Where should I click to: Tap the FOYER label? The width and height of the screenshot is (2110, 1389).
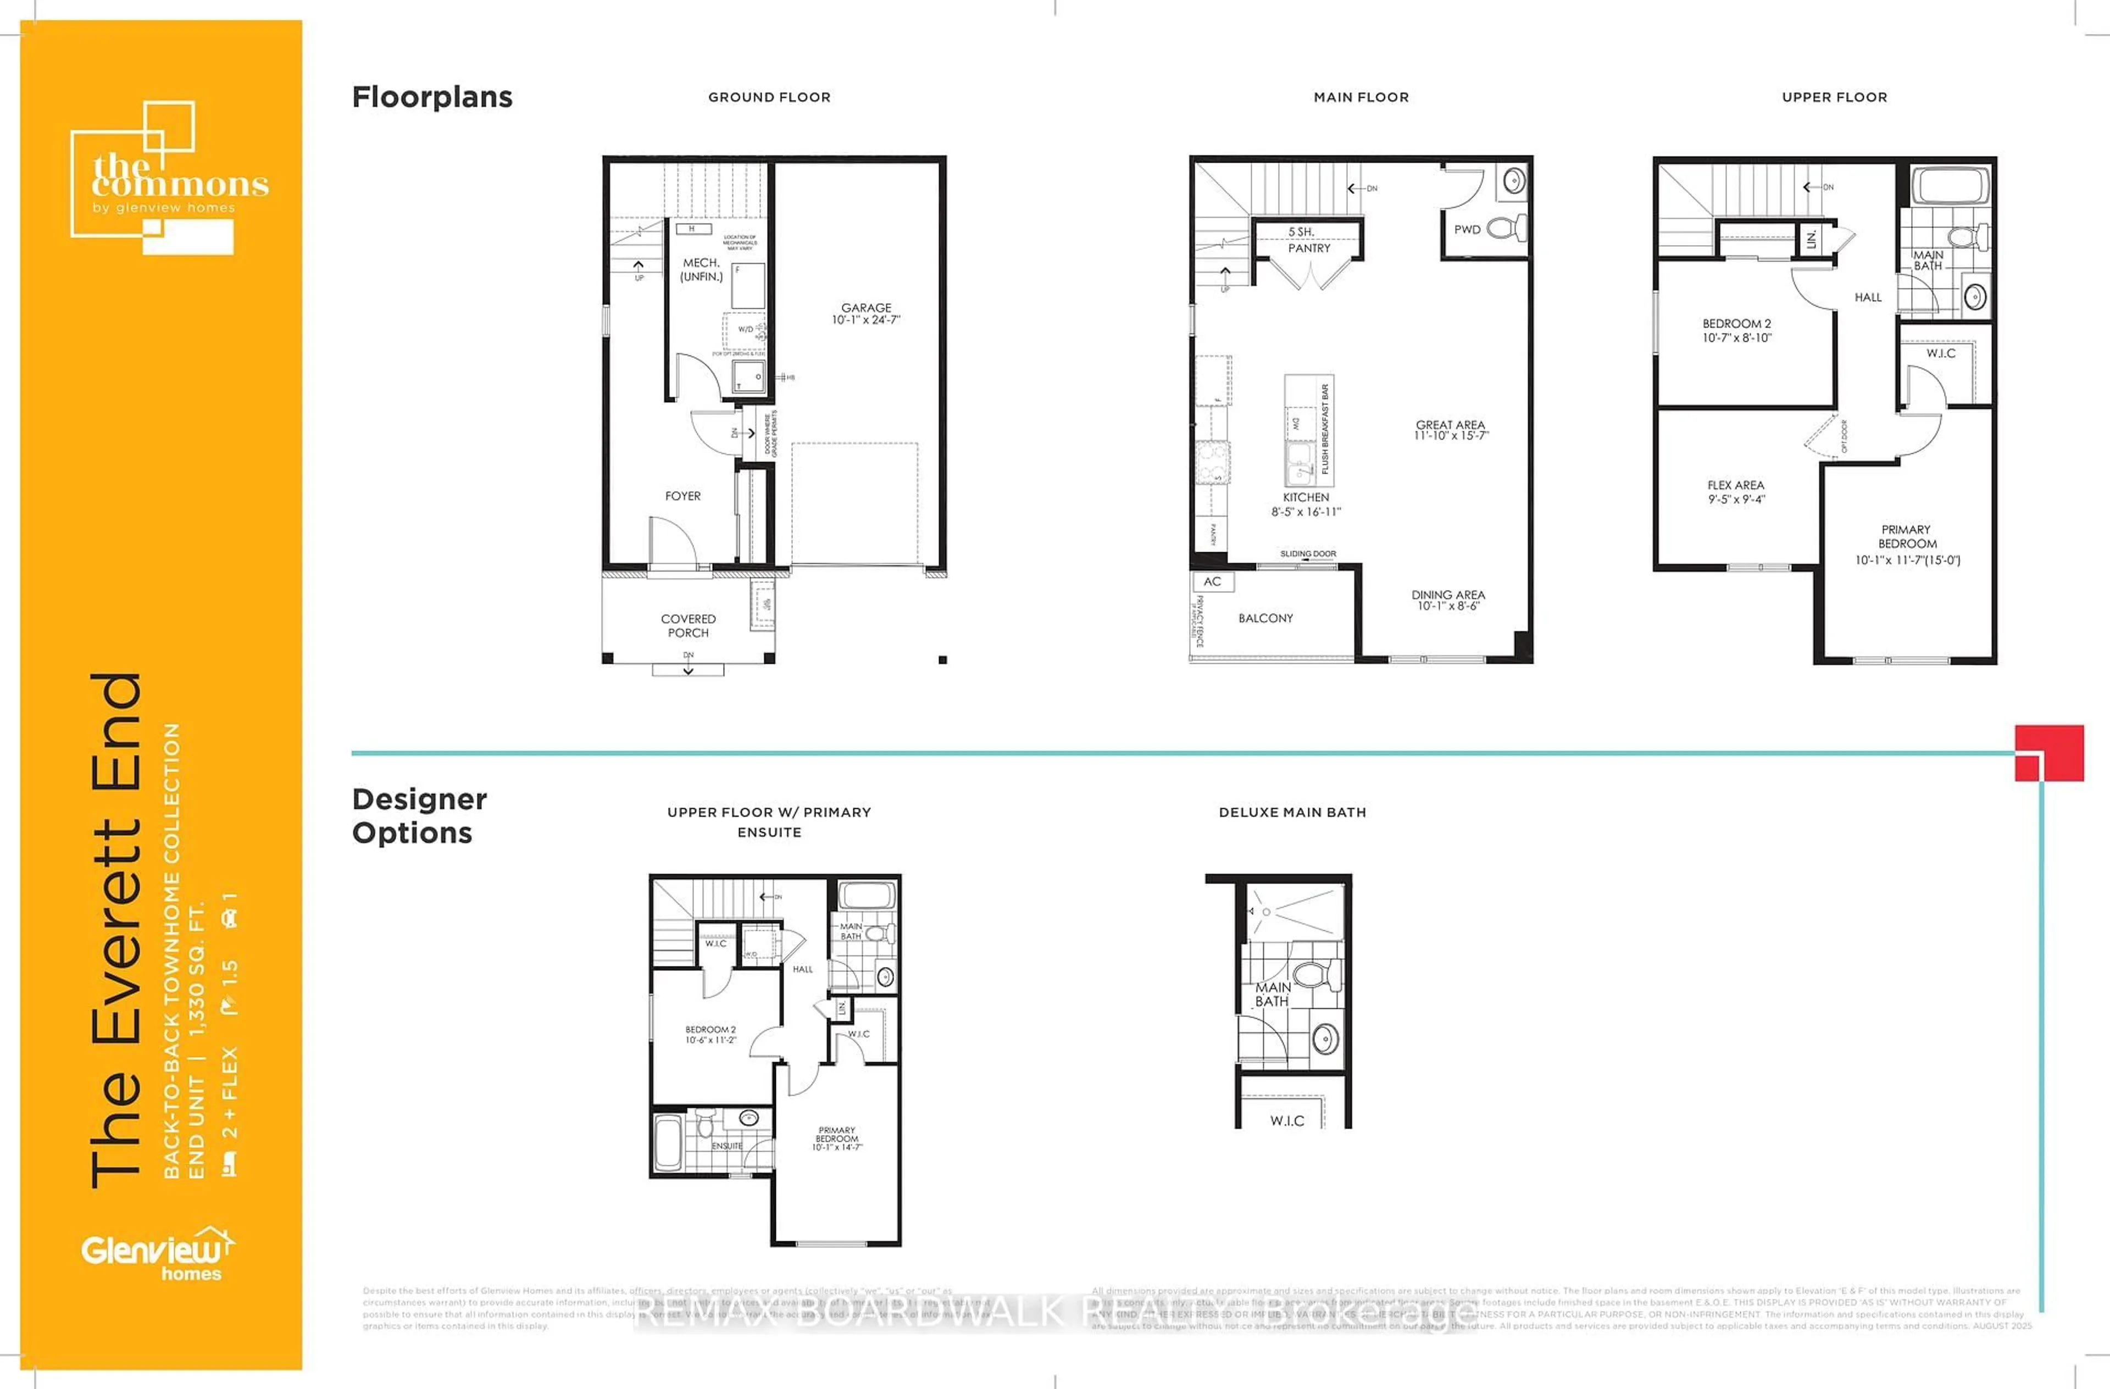682,496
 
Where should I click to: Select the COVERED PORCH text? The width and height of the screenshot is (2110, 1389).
688,626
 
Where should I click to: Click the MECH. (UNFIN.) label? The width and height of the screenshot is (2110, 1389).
701,269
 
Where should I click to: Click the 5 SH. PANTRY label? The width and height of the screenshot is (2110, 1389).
1308,240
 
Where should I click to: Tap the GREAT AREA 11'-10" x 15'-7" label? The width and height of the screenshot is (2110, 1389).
1451,430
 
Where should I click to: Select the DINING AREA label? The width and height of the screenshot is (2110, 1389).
1448,600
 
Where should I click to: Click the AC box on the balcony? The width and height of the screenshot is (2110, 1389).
1212,581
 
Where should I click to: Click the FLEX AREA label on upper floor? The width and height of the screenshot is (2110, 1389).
1735,492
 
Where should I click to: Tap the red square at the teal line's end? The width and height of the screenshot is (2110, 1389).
2049,753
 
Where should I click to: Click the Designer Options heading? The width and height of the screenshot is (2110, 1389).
419,815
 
